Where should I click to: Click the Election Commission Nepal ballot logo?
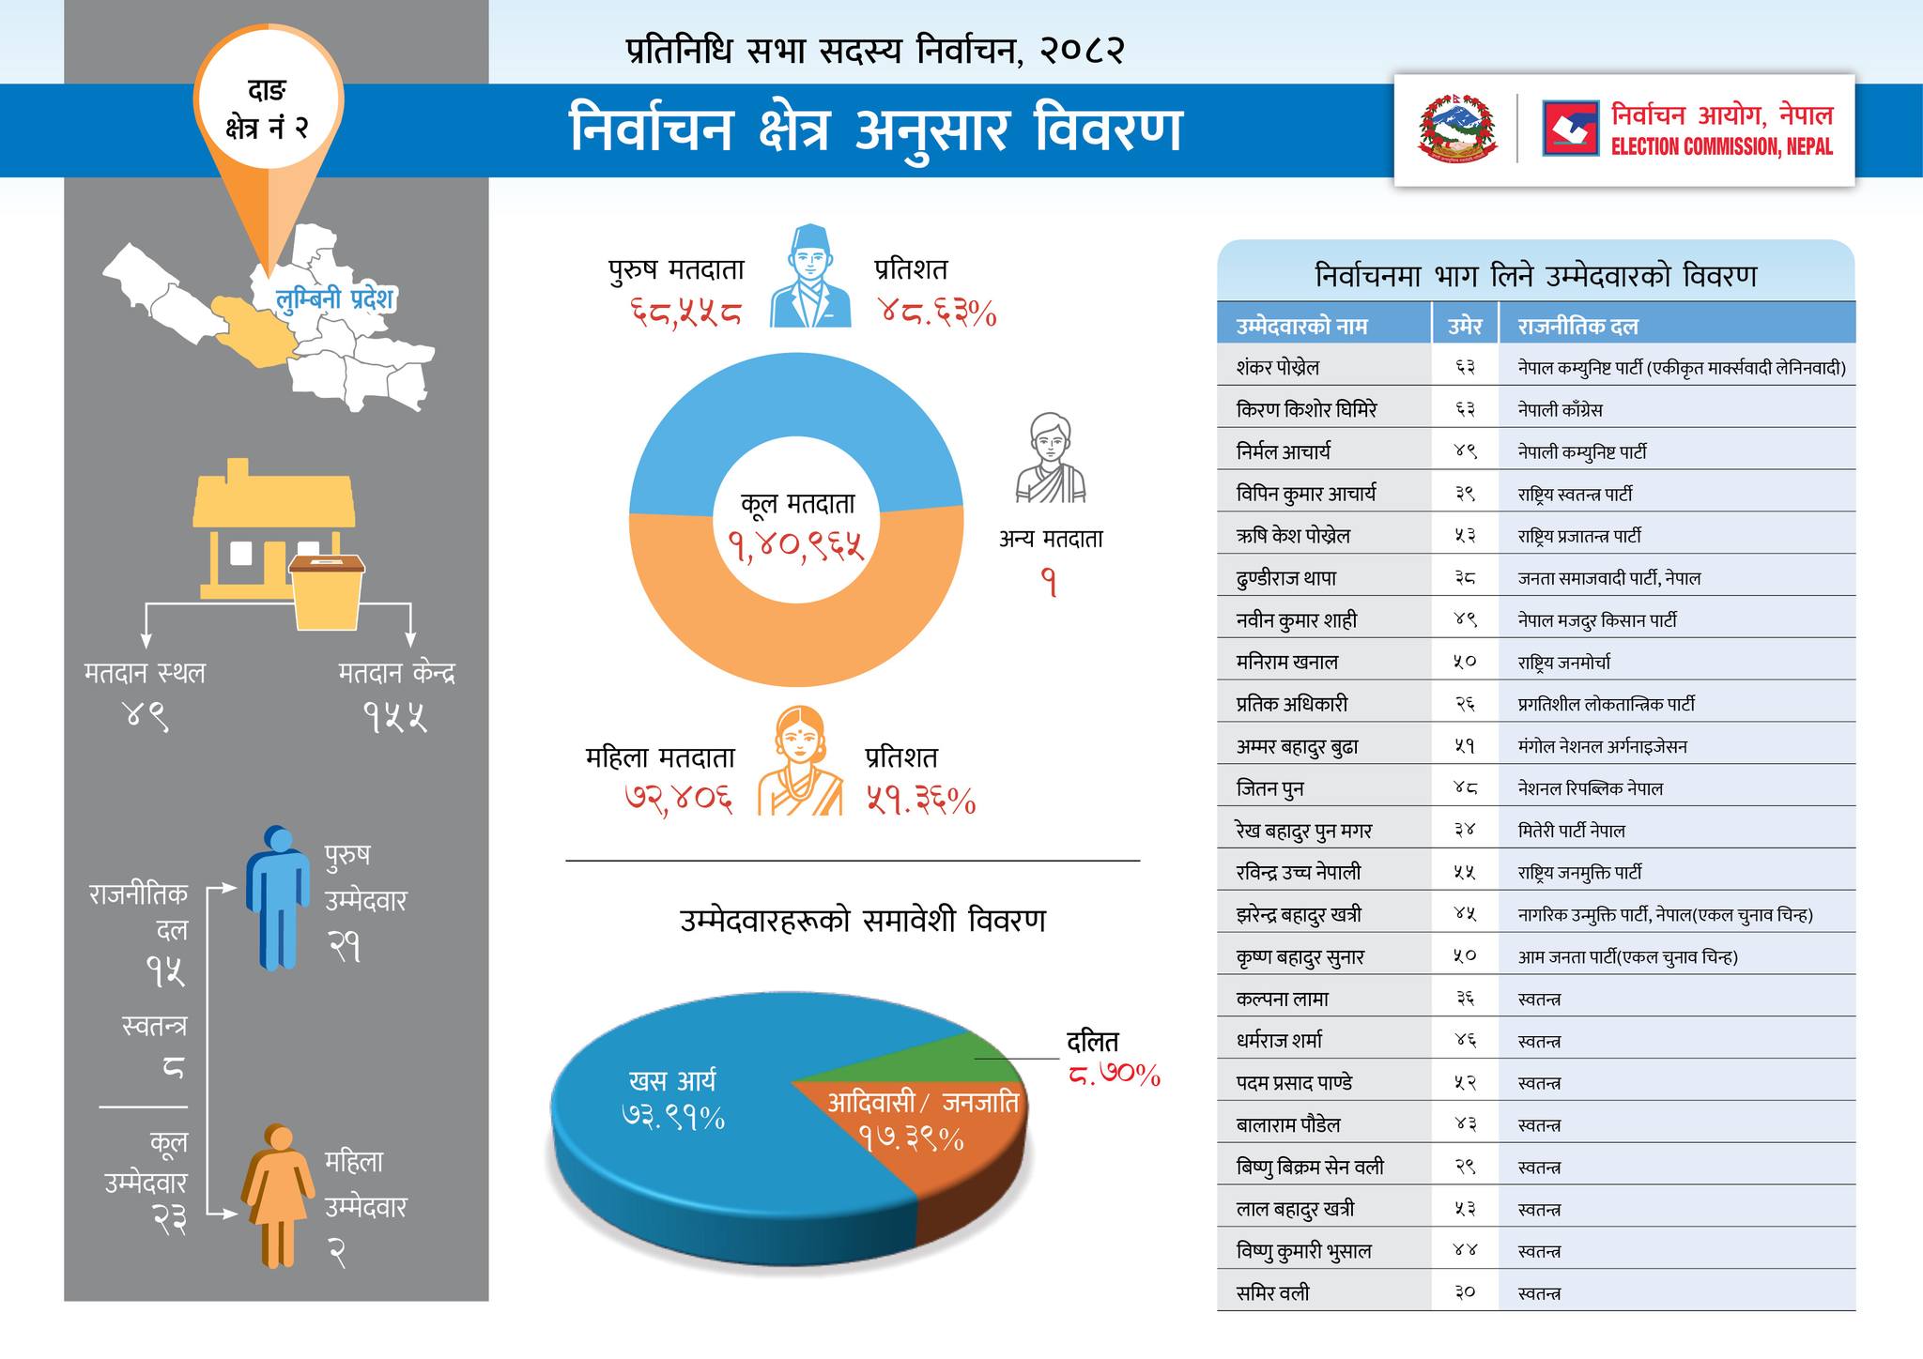[1570, 129]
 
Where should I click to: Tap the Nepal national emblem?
[1457, 129]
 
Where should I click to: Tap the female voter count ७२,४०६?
[678, 800]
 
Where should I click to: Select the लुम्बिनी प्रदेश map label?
[335, 299]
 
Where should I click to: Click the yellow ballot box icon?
[327, 591]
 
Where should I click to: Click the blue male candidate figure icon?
[278, 896]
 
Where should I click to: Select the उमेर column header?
[1464, 327]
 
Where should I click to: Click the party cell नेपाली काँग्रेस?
[1560, 410]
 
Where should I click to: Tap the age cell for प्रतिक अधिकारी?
[1464, 704]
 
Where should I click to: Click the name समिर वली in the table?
[1272, 1293]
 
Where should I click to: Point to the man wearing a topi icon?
[810, 277]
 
